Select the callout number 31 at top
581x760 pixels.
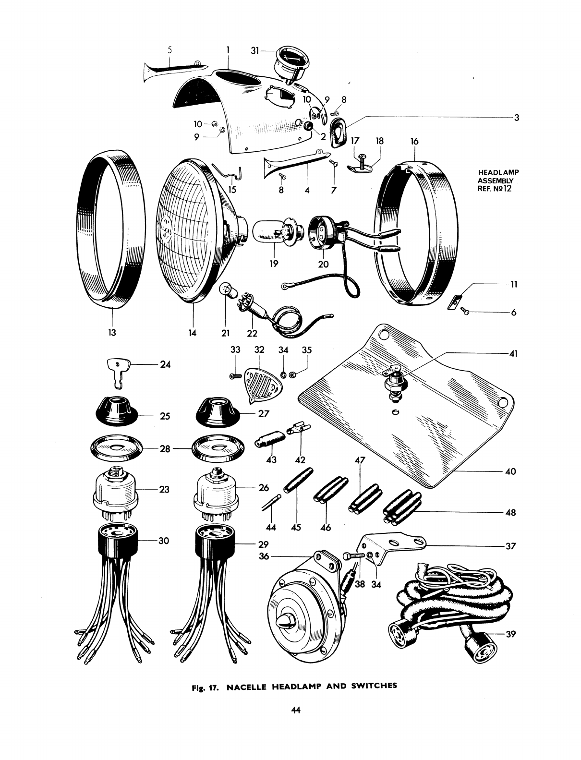point(255,50)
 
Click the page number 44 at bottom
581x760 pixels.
point(295,712)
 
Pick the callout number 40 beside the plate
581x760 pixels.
point(510,471)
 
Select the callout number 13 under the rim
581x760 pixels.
point(112,332)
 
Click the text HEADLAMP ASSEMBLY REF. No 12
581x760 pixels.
point(496,180)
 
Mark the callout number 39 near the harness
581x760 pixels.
point(510,634)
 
